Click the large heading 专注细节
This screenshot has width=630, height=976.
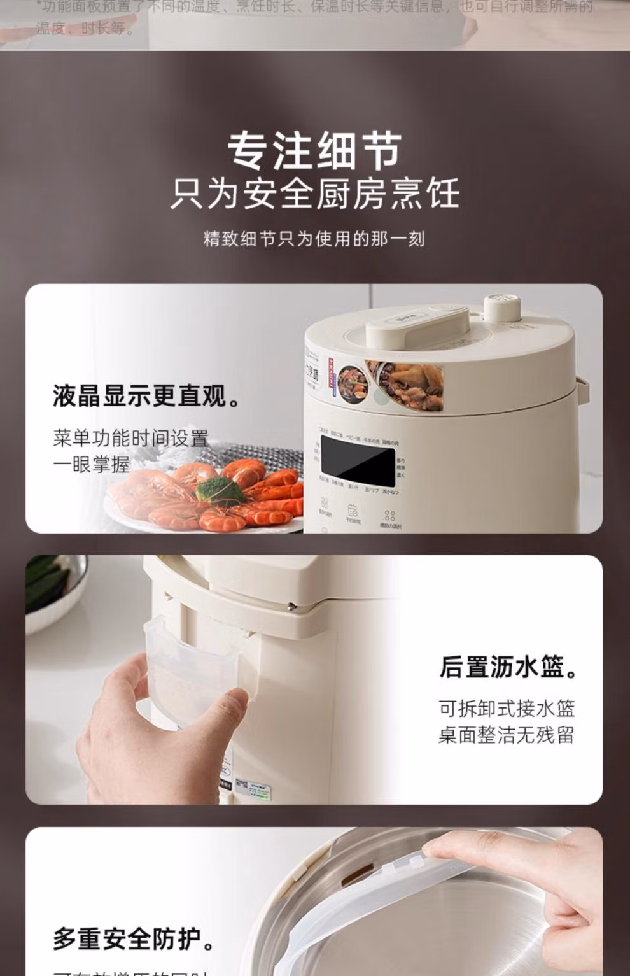[314, 151]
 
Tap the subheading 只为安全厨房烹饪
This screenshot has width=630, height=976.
[314, 194]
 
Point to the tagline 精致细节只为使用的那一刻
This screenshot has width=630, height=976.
[314, 239]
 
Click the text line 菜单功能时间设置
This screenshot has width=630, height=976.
[130, 438]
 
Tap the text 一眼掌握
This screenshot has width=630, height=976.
[91, 464]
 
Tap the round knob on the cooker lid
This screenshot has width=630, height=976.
[502, 308]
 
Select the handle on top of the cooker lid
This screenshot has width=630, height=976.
[417, 324]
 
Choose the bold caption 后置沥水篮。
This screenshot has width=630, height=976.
[509, 667]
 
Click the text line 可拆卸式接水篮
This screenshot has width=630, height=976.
[507, 708]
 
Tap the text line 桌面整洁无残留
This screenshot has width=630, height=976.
[507, 735]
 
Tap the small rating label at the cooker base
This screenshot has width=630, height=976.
[253, 787]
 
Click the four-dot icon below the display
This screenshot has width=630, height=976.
[389, 516]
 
